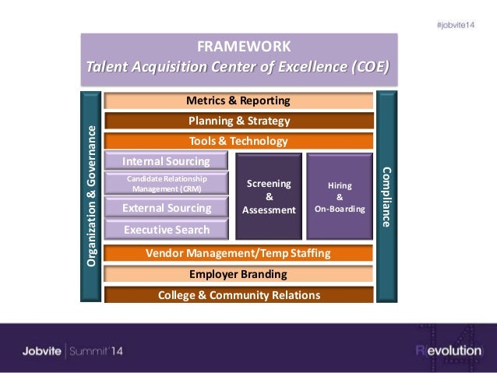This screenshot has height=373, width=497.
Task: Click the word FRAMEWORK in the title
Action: tap(238, 46)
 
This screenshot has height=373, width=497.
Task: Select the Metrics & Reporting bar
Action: tap(238, 101)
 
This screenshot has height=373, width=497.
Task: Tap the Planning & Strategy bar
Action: tap(238, 121)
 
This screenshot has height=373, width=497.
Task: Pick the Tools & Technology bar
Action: tap(238, 141)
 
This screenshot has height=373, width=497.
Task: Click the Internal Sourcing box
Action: tap(166, 161)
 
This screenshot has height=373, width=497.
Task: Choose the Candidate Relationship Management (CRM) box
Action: tap(166, 183)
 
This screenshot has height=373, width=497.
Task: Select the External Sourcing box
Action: tap(166, 208)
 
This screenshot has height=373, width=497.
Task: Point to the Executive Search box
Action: tap(166, 230)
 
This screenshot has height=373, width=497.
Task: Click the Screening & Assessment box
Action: tap(268, 196)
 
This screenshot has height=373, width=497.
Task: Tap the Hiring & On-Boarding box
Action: tap(340, 196)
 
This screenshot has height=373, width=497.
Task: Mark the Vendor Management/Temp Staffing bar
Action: tap(238, 253)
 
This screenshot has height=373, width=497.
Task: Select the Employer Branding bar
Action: tap(238, 274)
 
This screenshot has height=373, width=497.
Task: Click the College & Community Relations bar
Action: tap(238, 295)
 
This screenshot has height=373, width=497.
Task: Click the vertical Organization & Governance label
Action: tap(91, 196)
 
